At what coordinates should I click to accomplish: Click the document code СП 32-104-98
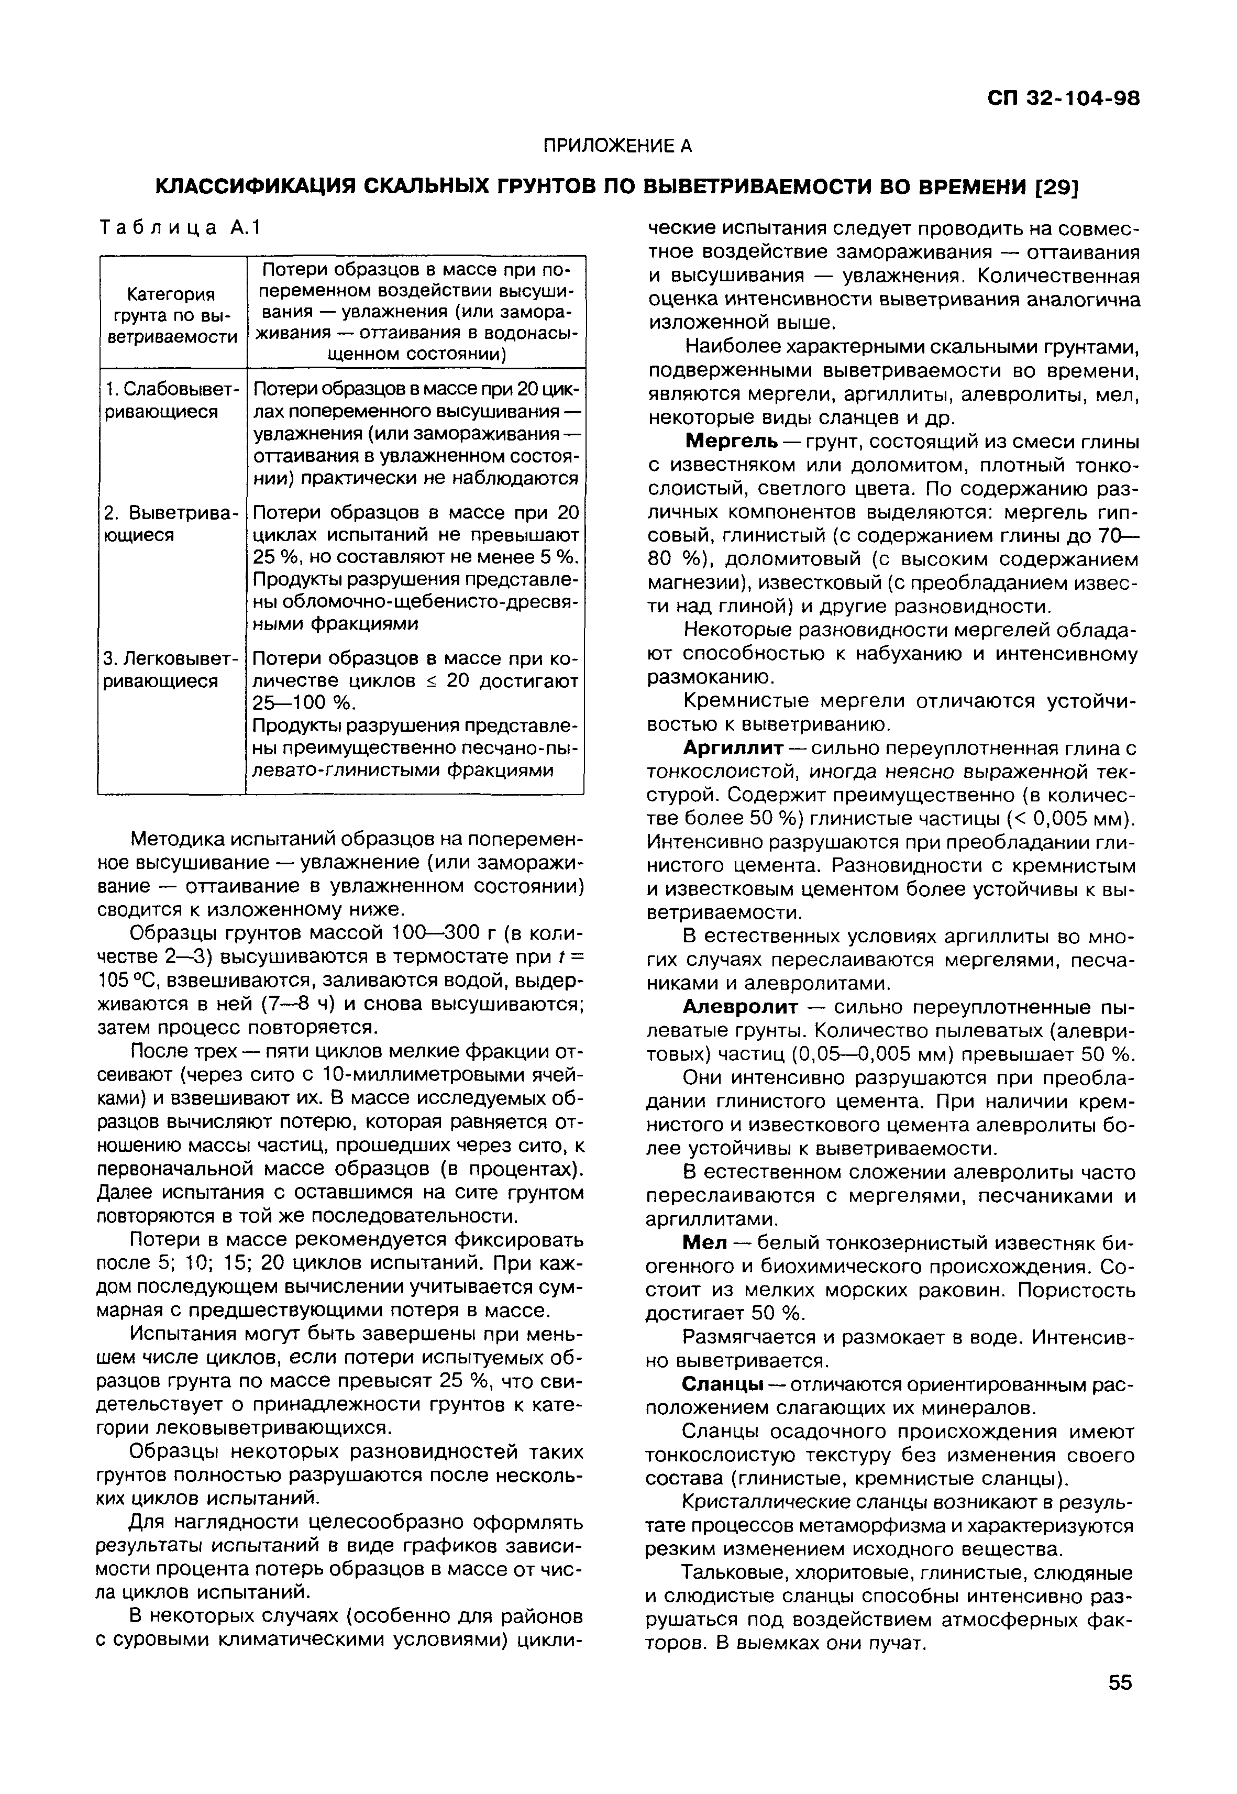1063,99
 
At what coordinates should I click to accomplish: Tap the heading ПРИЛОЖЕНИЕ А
616,146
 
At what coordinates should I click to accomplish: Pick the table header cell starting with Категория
171,315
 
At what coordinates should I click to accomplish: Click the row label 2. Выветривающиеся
169,524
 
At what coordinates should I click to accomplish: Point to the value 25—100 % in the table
303,703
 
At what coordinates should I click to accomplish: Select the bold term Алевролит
739,1007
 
